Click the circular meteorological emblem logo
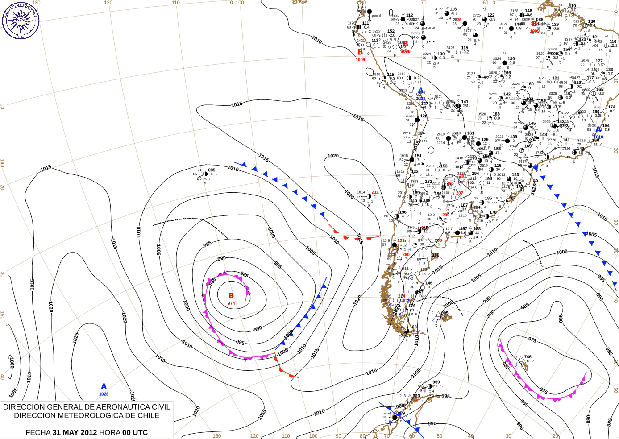(x=21, y=21)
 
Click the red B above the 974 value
(x=231, y=295)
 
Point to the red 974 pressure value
(x=231, y=303)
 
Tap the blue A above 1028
(x=104, y=386)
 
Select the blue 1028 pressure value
(x=104, y=394)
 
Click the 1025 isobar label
(x=76, y=338)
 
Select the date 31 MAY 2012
(x=75, y=432)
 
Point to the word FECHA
(x=38, y=432)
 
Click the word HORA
(x=110, y=432)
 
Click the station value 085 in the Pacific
(x=212, y=170)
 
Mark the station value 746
(x=528, y=357)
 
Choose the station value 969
(x=436, y=382)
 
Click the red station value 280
(x=406, y=255)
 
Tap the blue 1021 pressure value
(x=421, y=99)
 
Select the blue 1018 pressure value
(x=598, y=137)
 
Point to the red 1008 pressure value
(x=406, y=51)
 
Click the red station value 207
(x=460, y=193)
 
